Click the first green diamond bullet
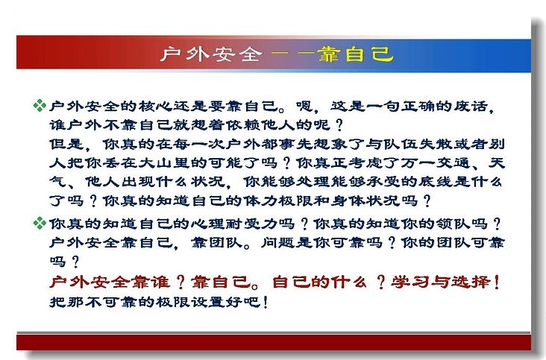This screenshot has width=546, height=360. pyautogui.click(x=40, y=105)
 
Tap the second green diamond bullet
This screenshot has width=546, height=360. pyautogui.click(x=40, y=223)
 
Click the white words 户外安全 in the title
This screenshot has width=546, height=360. pyautogui.click(x=211, y=54)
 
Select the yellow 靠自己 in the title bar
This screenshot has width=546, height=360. pyautogui.click(x=356, y=54)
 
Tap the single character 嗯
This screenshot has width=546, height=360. pyautogui.click(x=304, y=106)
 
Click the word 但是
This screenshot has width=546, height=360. pyautogui.click(x=66, y=144)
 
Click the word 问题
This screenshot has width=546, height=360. pyautogui.click(x=278, y=242)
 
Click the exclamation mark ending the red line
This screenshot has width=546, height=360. pyautogui.click(x=496, y=282)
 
